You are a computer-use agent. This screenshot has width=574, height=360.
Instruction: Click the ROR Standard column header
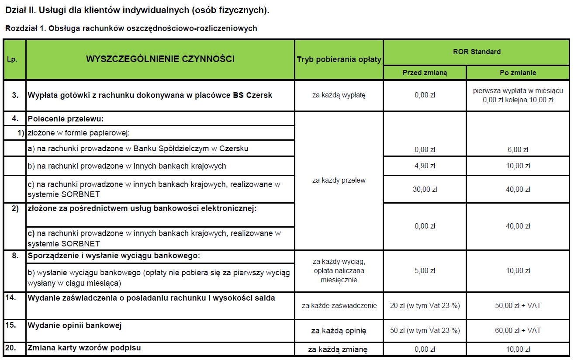tap(477, 52)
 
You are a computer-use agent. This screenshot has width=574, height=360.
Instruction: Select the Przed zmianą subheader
tap(425, 73)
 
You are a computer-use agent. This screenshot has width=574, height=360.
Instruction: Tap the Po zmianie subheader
tap(518, 73)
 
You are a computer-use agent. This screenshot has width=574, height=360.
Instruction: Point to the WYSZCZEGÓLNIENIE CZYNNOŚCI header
tap(160, 59)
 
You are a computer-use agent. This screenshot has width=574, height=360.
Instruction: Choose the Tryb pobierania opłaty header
tap(339, 59)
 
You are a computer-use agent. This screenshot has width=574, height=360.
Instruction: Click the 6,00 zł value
tap(518, 149)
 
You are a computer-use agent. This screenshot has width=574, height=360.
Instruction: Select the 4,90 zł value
tap(425, 166)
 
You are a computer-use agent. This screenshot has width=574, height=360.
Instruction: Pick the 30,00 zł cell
tap(425, 189)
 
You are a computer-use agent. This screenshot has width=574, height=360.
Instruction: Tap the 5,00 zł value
tap(425, 271)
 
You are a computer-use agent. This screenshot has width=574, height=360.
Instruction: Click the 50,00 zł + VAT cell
tap(518, 306)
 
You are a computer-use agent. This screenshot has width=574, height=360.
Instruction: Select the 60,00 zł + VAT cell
tap(518, 331)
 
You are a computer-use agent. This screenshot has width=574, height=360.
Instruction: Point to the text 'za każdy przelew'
tap(339, 180)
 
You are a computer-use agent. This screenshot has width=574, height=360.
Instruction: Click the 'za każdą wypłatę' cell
tap(339, 95)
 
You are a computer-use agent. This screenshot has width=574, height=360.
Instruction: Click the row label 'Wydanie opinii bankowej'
tap(75, 325)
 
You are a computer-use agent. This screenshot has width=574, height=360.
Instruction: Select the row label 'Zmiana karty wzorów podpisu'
tap(84, 348)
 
